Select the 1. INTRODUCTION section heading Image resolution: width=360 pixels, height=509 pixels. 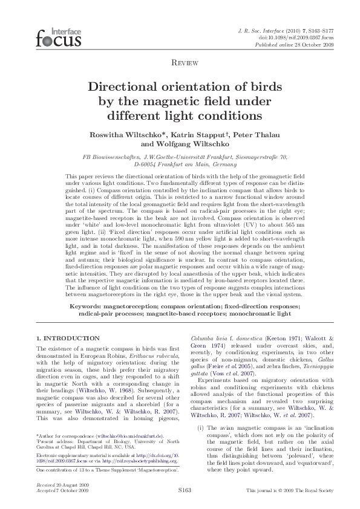pyautogui.click(x=68, y=338)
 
